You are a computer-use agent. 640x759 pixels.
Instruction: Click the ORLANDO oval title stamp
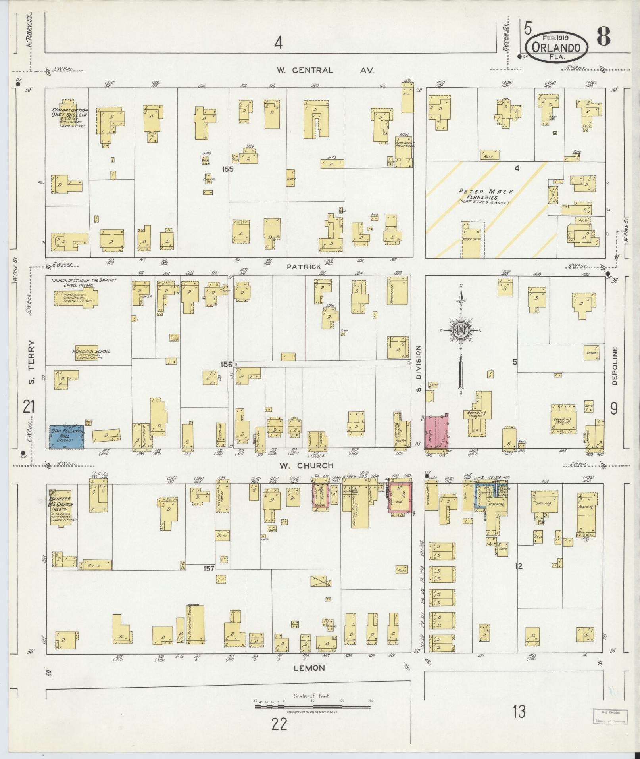[x=557, y=46]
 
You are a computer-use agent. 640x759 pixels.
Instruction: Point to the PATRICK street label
[x=304, y=267]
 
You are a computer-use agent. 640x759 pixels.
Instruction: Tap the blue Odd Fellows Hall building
[x=66, y=436]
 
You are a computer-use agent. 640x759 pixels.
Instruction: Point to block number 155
[x=228, y=169]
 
